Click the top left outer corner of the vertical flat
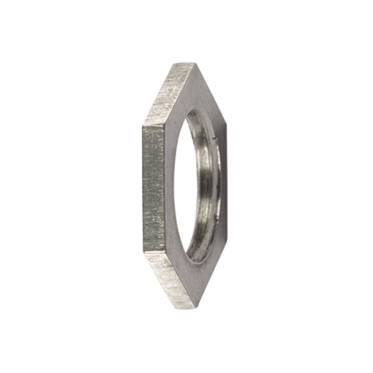click(142, 127)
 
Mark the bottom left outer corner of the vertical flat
click(142, 251)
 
